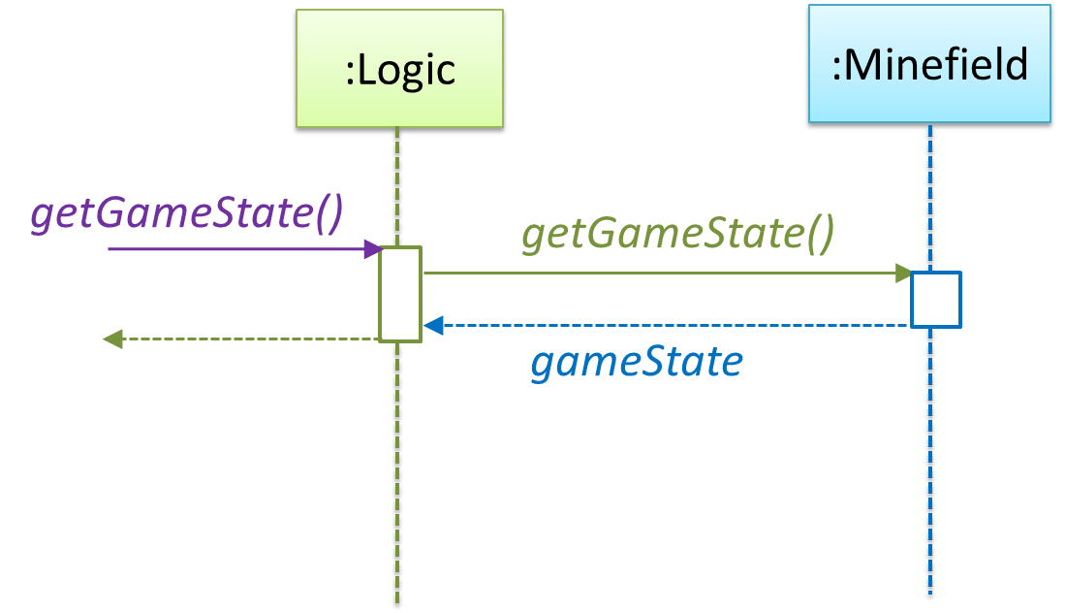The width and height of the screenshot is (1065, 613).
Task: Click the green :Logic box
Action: pyautogui.click(x=400, y=70)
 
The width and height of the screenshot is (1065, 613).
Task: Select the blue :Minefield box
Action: pyautogui.click(x=929, y=64)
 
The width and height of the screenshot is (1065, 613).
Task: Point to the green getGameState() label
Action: pyautogui.click(x=677, y=234)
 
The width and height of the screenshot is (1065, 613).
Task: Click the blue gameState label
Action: pyautogui.click(x=637, y=362)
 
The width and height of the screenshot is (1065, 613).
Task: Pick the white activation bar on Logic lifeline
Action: pyautogui.click(x=400, y=294)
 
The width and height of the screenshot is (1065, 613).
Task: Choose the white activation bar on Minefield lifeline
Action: pyautogui.click(x=935, y=300)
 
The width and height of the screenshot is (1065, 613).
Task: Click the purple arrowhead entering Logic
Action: pyautogui.click(x=374, y=249)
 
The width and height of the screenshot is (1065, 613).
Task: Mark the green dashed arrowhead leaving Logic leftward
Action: pyautogui.click(x=113, y=339)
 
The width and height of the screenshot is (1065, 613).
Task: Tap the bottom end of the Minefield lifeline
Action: pyautogui.click(x=930, y=594)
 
